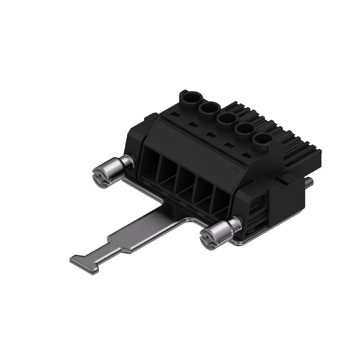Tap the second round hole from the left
pyautogui.click(x=208, y=108)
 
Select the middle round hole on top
pyautogui.click(x=226, y=119)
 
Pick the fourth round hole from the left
pyautogui.click(x=244, y=130)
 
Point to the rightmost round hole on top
pyautogui.click(x=262, y=140)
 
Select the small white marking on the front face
pyautogui.click(x=234, y=169)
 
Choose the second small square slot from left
pyautogui.click(x=193, y=125)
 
